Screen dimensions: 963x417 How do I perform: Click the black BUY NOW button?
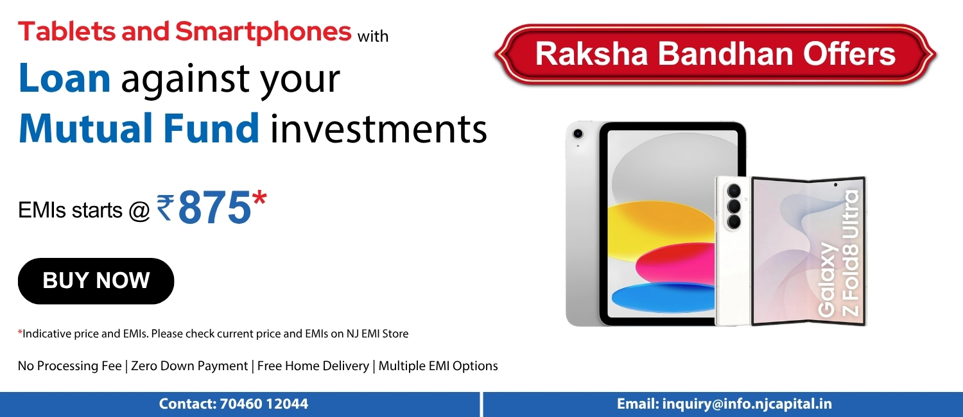tap(96, 281)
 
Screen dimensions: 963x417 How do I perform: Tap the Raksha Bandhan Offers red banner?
tap(715, 54)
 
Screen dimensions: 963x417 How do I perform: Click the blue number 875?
tap(214, 208)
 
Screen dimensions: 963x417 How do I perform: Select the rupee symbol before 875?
tap(165, 207)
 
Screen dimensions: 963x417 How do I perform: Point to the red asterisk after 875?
tap(259, 199)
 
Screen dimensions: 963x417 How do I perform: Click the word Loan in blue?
tap(64, 78)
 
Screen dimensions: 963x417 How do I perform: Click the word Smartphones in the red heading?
tap(263, 32)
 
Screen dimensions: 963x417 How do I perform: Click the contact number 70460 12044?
tap(264, 404)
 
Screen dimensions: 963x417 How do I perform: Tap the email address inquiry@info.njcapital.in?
tap(747, 404)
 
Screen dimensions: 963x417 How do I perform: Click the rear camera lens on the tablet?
tap(578, 134)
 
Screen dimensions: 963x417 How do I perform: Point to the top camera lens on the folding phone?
tap(734, 191)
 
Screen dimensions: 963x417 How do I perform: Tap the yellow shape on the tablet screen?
tap(662, 223)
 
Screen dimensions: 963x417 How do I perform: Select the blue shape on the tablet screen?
tap(662, 298)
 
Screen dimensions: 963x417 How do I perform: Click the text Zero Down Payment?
tap(189, 366)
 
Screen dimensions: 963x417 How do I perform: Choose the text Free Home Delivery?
tap(313, 366)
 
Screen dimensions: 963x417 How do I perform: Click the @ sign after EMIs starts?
tap(139, 211)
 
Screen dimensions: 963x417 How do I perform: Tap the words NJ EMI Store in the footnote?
tap(377, 334)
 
